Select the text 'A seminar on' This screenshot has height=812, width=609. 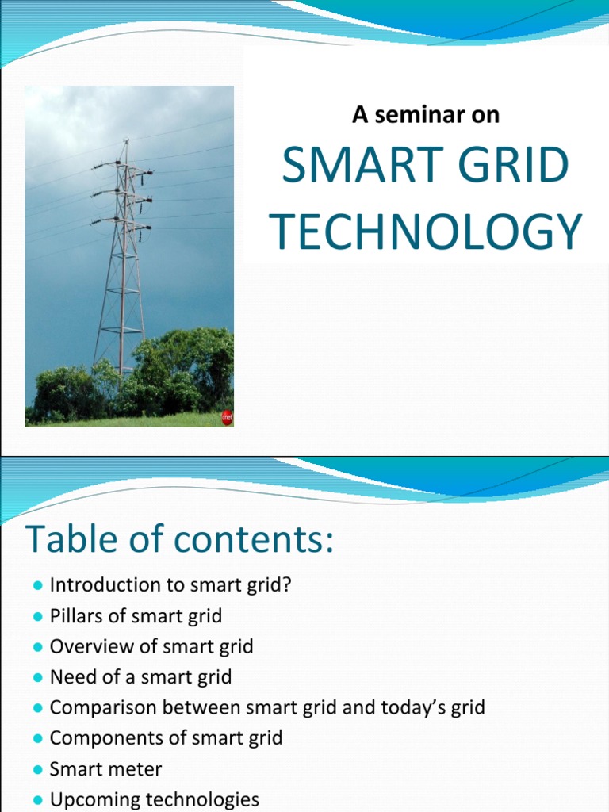426,114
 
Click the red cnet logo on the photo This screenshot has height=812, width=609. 227,418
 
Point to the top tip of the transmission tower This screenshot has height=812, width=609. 124,141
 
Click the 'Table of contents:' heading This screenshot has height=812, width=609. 180,540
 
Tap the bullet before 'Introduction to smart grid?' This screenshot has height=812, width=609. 37,585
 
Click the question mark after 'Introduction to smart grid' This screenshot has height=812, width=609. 289,585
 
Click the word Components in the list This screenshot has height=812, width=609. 101,738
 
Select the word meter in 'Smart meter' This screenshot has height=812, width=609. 139,769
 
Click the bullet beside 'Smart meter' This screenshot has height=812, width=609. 37,769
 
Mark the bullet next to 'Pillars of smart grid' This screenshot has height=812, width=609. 37,616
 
